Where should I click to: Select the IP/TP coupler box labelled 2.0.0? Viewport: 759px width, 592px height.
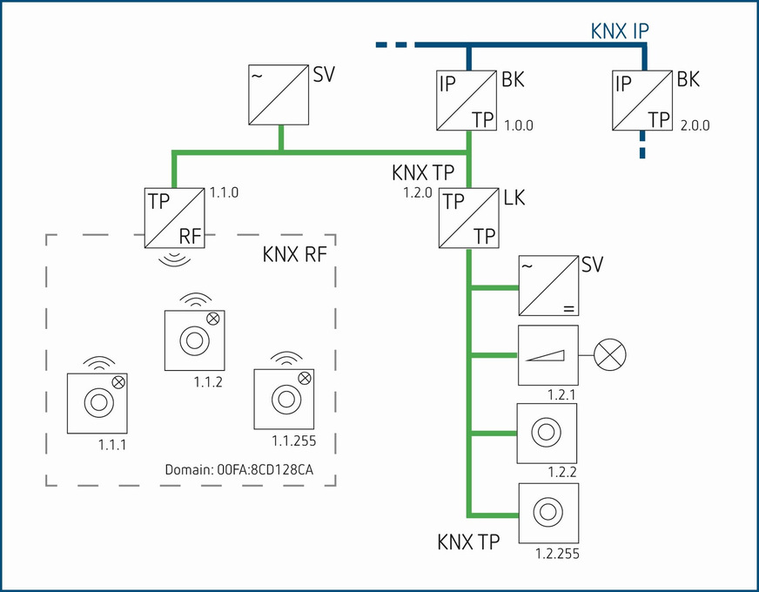pos(645,101)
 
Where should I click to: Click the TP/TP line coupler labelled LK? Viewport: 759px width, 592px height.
pos(469,218)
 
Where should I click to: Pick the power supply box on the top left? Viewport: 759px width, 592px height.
pos(279,94)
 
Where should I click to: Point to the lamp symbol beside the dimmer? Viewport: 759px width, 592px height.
pos(611,354)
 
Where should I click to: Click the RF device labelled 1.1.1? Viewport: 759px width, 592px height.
pos(98,403)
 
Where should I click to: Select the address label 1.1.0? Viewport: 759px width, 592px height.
pos(223,191)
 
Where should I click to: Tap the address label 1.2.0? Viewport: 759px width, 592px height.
pos(418,193)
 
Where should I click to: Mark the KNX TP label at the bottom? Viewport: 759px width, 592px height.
pos(468,543)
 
